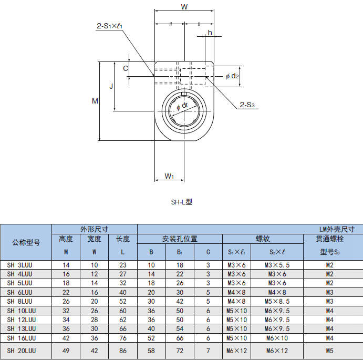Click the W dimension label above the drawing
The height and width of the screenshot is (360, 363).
184,7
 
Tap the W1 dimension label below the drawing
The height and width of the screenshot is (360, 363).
169,176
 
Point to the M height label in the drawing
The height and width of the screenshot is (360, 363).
95,101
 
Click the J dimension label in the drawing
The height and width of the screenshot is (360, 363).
110,86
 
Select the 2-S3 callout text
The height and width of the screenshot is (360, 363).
247,105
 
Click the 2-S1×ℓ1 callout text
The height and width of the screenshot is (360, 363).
110,25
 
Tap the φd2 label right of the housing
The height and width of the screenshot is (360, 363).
232,76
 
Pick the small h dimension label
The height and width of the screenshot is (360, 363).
210,33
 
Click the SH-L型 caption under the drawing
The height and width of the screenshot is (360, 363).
182,201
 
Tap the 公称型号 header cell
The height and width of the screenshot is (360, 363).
26,242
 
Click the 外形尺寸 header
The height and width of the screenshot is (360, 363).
94,229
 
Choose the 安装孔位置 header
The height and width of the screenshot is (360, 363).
180,239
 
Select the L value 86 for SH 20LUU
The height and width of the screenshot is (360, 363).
122,351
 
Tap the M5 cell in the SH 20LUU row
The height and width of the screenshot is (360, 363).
329,351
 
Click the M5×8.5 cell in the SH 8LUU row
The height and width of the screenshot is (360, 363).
277,301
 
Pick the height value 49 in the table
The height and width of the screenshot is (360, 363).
66,351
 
